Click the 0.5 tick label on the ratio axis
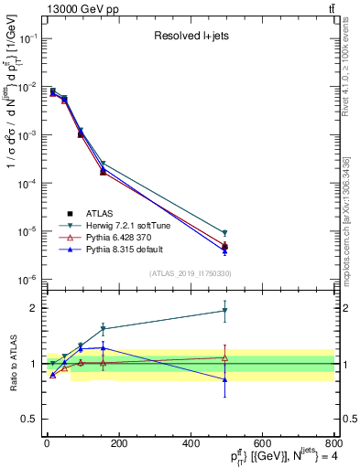29,420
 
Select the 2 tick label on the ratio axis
34,308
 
